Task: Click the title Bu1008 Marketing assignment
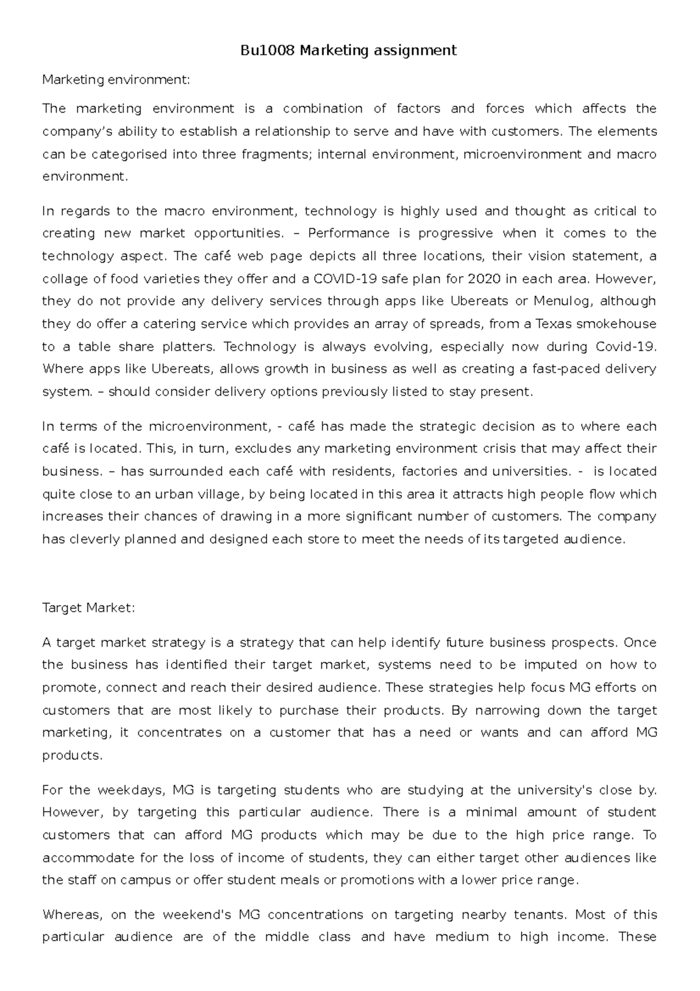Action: coord(349,51)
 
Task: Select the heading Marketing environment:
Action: coord(116,80)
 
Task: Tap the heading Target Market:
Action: coord(89,608)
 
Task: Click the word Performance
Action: coord(348,233)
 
